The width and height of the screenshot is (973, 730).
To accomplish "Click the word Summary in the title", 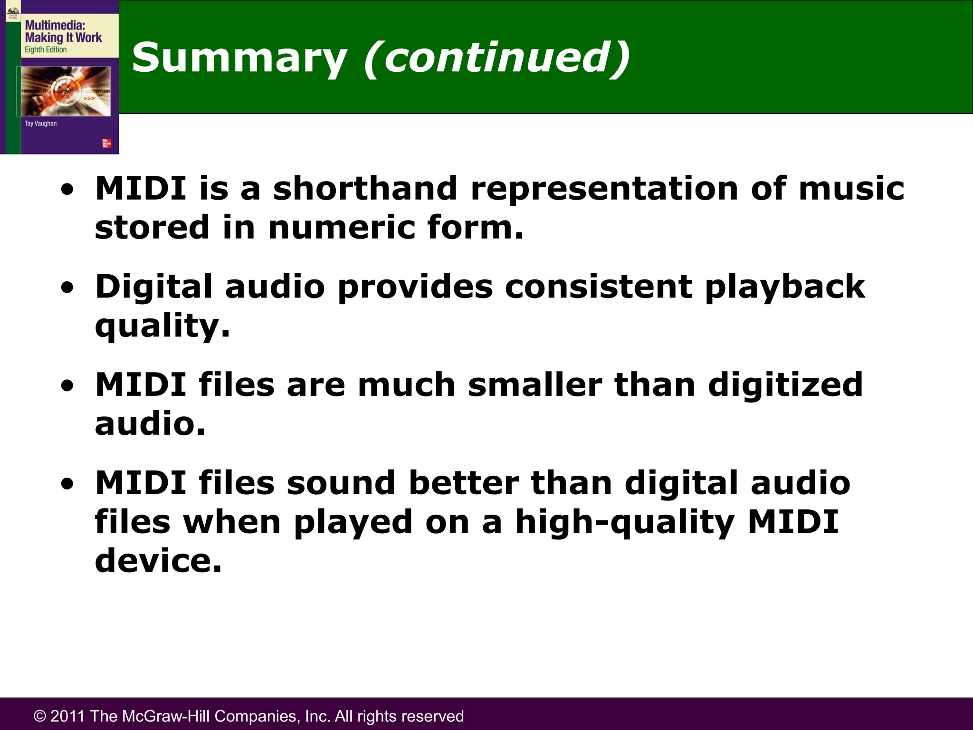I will (x=239, y=58).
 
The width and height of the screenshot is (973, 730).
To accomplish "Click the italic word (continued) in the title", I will (x=497, y=58).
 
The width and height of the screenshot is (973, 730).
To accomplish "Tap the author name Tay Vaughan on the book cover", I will (x=40, y=124).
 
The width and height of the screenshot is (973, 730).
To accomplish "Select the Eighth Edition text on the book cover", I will (x=46, y=50).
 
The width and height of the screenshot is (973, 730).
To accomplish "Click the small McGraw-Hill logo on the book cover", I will (x=107, y=143).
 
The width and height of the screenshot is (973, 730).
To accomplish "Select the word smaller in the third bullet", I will (x=535, y=384).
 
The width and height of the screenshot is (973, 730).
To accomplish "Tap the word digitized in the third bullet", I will (x=785, y=385).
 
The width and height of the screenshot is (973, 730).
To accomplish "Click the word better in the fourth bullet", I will (x=463, y=483).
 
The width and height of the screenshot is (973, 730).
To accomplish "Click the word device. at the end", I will (x=158, y=561).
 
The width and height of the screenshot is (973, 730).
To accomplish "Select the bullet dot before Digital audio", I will (x=67, y=288).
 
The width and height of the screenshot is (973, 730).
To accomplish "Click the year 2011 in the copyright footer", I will (x=67, y=716).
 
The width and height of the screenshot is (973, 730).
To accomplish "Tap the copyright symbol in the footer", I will (x=40, y=716).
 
